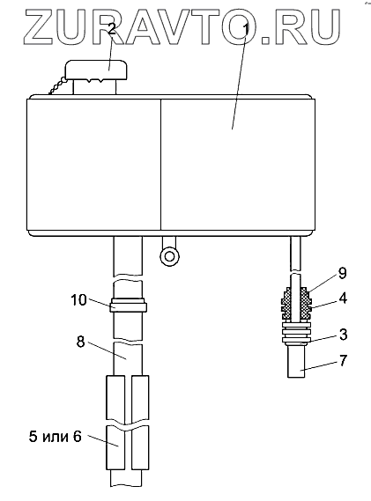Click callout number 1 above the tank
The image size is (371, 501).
pyautogui.click(x=246, y=30)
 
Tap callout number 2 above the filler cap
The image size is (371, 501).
pyautogui.click(x=111, y=30)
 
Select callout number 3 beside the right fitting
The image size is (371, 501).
pyautogui.click(x=342, y=335)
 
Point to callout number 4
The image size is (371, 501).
pyautogui.click(x=342, y=298)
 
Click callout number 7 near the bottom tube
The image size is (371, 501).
pyautogui.click(x=342, y=360)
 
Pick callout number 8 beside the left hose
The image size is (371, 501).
pyautogui.click(x=81, y=342)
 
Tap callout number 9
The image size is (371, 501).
pyautogui.click(x=342, y=274)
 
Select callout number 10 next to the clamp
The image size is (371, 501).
pyautogui.click(x=78, y=300)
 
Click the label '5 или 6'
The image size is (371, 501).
pyautogui.click(x=56, y=437)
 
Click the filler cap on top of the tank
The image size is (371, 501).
pyautogui.click(x=97, y=70)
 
